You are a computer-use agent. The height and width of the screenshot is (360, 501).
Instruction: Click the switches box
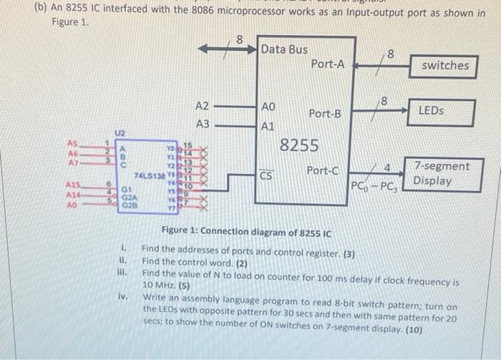click(445, 66)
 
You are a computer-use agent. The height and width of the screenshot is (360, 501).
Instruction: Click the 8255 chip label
click(298, 146)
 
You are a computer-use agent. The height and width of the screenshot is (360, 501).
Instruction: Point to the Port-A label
click(328, 64)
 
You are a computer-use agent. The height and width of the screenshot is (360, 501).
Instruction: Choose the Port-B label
click(325, 114)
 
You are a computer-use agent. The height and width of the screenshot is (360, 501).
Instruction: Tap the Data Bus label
click(284, 49)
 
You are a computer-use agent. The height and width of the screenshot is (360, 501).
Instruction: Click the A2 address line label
click(203, 105)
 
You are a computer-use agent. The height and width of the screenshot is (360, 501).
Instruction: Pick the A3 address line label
click(203, 123)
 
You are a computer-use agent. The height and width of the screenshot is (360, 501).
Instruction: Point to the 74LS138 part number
click(148, 175)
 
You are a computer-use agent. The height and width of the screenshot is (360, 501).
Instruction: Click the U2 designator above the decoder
click(120, 132)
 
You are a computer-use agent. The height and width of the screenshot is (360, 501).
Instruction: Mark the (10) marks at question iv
click(413, 330)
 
